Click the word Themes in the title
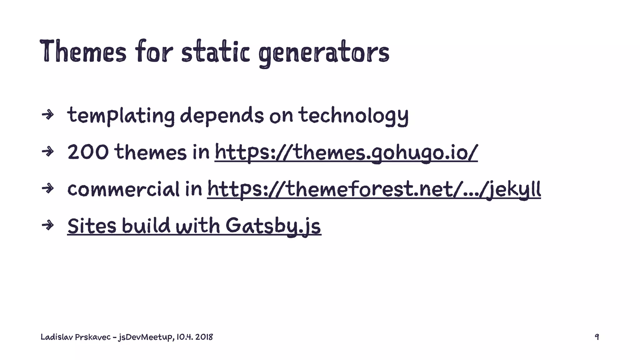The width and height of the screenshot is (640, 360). (x=83, y=51)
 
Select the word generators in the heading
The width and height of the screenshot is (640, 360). (x=324, y=52)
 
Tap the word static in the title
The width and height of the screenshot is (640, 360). (x=215, y=51)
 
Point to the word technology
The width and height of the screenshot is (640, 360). (x=353, y=116)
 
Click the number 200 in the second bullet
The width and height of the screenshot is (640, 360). (x=88, y=152)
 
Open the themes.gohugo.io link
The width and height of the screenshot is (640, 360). (x=346, y=152)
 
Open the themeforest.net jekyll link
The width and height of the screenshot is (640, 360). (x=374, y=189)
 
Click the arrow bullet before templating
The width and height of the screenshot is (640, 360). (x=48, y=115)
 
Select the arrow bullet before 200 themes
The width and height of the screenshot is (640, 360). (x=48, y=152)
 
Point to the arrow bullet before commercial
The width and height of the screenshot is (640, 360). (x=48, y=188)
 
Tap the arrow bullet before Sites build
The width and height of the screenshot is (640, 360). (x=48, y=225)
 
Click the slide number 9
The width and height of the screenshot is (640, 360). (x=597, y=337)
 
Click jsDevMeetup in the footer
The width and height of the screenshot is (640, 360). (x=145, y=337)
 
